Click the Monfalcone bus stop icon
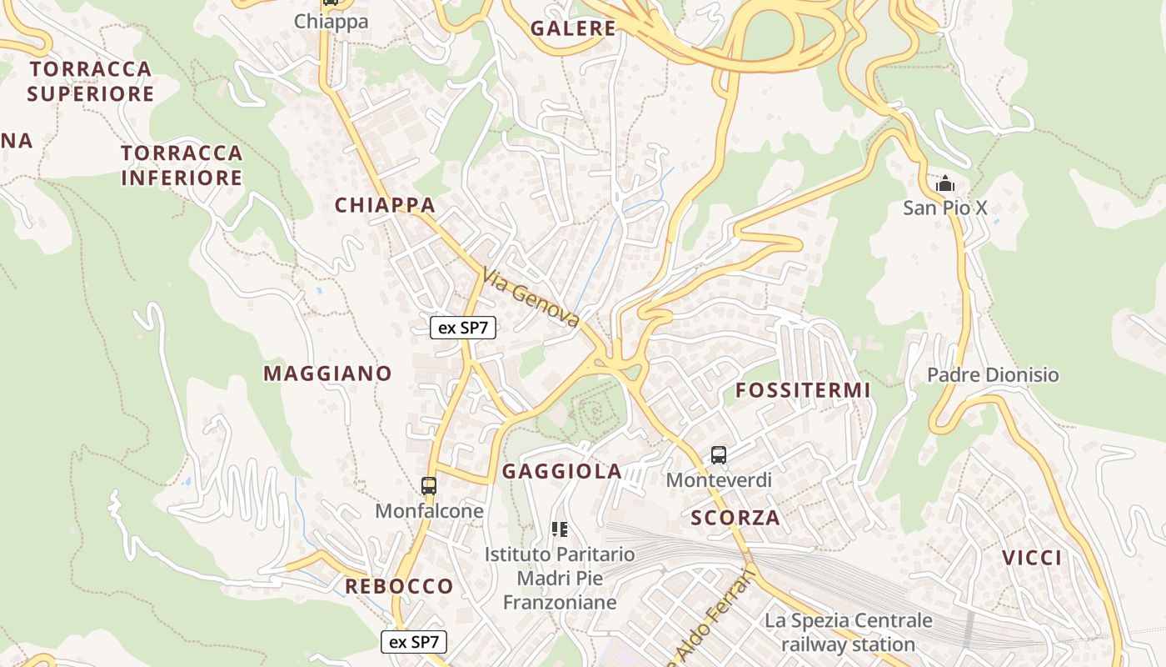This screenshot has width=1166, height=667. (x=429, y=485)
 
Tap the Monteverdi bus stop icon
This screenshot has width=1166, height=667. (x=719, y=455)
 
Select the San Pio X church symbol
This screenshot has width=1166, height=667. (x=945, y=183)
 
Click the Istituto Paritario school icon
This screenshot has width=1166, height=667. (x=560, y=529)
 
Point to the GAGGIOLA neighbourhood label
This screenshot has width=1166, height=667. (x=562, y=472)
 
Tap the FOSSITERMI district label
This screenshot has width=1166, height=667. (x=803, y=390)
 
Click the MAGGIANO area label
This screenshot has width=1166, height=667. (x=327, y=374)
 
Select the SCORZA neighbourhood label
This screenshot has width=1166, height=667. (x=735, y=518)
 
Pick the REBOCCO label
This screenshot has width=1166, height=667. (x=399, y=586)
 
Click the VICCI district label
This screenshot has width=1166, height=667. (x=1032, y=558)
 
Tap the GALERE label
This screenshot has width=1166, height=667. (x=573, y=28)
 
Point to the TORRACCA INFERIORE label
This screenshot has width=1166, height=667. (x=182, y=165)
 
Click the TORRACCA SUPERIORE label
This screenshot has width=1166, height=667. (x=91, y=81)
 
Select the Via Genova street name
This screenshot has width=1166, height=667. (x=531, y=296)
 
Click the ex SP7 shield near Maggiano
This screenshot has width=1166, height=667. (x=463, y=328)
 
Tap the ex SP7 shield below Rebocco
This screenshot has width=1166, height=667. (x=414, y=642)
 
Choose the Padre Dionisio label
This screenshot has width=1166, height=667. (x=993, y=375)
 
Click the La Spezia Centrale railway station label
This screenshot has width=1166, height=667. (x=849, y=633)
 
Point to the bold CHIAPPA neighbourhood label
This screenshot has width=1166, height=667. (x=385, y=205)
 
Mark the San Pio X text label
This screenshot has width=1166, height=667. (x=945, y=208)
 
